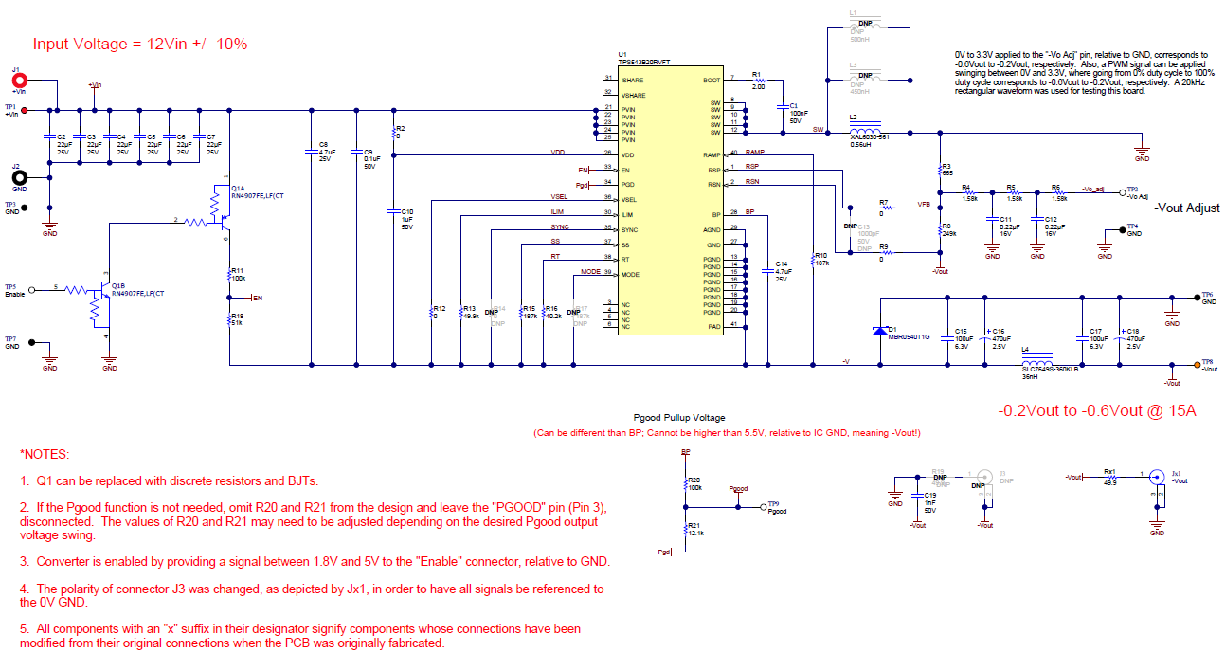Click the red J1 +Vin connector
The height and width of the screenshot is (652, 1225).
[x=18, y=81]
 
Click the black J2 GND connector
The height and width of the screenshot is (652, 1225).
[x=18, y=176]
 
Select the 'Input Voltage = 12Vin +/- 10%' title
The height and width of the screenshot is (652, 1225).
[x=140, y=44]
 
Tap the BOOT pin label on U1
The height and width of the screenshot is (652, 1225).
[x=712, y=81]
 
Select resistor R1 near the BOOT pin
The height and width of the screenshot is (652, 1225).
[x=758, y=81]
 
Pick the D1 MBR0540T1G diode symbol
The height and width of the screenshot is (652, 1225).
[x=880, y=331]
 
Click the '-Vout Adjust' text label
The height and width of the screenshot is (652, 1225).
[x=1187, y=208]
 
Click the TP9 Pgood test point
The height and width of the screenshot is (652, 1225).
[x=764, y=508]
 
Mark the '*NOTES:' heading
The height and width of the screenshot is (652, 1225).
[x=45, y=455]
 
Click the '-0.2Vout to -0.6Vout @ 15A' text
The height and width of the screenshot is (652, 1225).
[x=1097, y=411]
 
